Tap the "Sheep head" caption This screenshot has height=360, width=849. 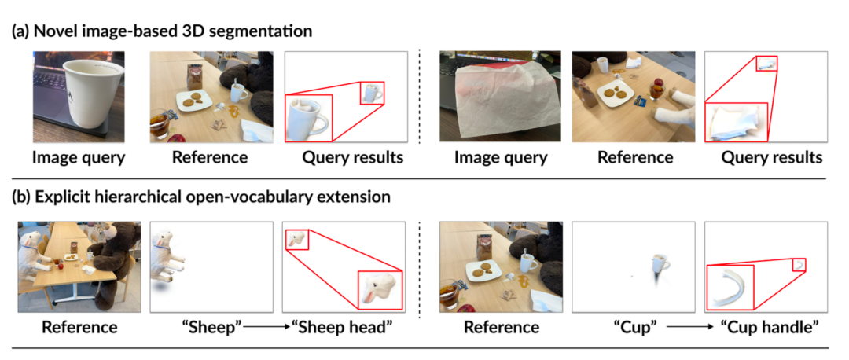(x=344, y=327)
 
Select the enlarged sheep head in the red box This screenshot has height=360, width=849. (x=380, y=290)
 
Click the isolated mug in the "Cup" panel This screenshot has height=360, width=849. (x=661, y=266)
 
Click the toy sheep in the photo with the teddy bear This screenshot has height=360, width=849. (x=32, y=252)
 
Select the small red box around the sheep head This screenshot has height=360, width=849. (x=296, y=240)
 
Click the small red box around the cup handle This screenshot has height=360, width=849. (x=799, y=264)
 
